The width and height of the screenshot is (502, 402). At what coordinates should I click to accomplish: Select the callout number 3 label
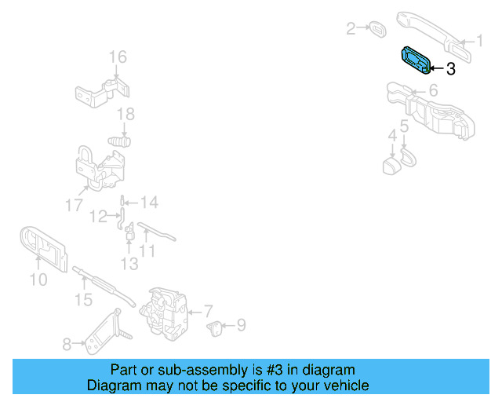pos(450,69)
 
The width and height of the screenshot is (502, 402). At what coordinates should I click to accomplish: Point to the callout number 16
pos(117,57)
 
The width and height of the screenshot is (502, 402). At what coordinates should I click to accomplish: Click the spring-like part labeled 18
pos(118,142)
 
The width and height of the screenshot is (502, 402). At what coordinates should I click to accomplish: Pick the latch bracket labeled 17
pos(98,168)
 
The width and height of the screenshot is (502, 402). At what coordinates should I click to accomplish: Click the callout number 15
pos(83,299)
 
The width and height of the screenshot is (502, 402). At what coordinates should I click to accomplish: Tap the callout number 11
pos(147,251)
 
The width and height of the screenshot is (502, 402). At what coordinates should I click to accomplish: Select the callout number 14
pos(149,203)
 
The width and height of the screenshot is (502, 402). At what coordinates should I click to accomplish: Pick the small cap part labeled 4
pos(390,166)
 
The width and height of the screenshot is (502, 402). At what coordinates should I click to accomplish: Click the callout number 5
pos(404,126)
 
